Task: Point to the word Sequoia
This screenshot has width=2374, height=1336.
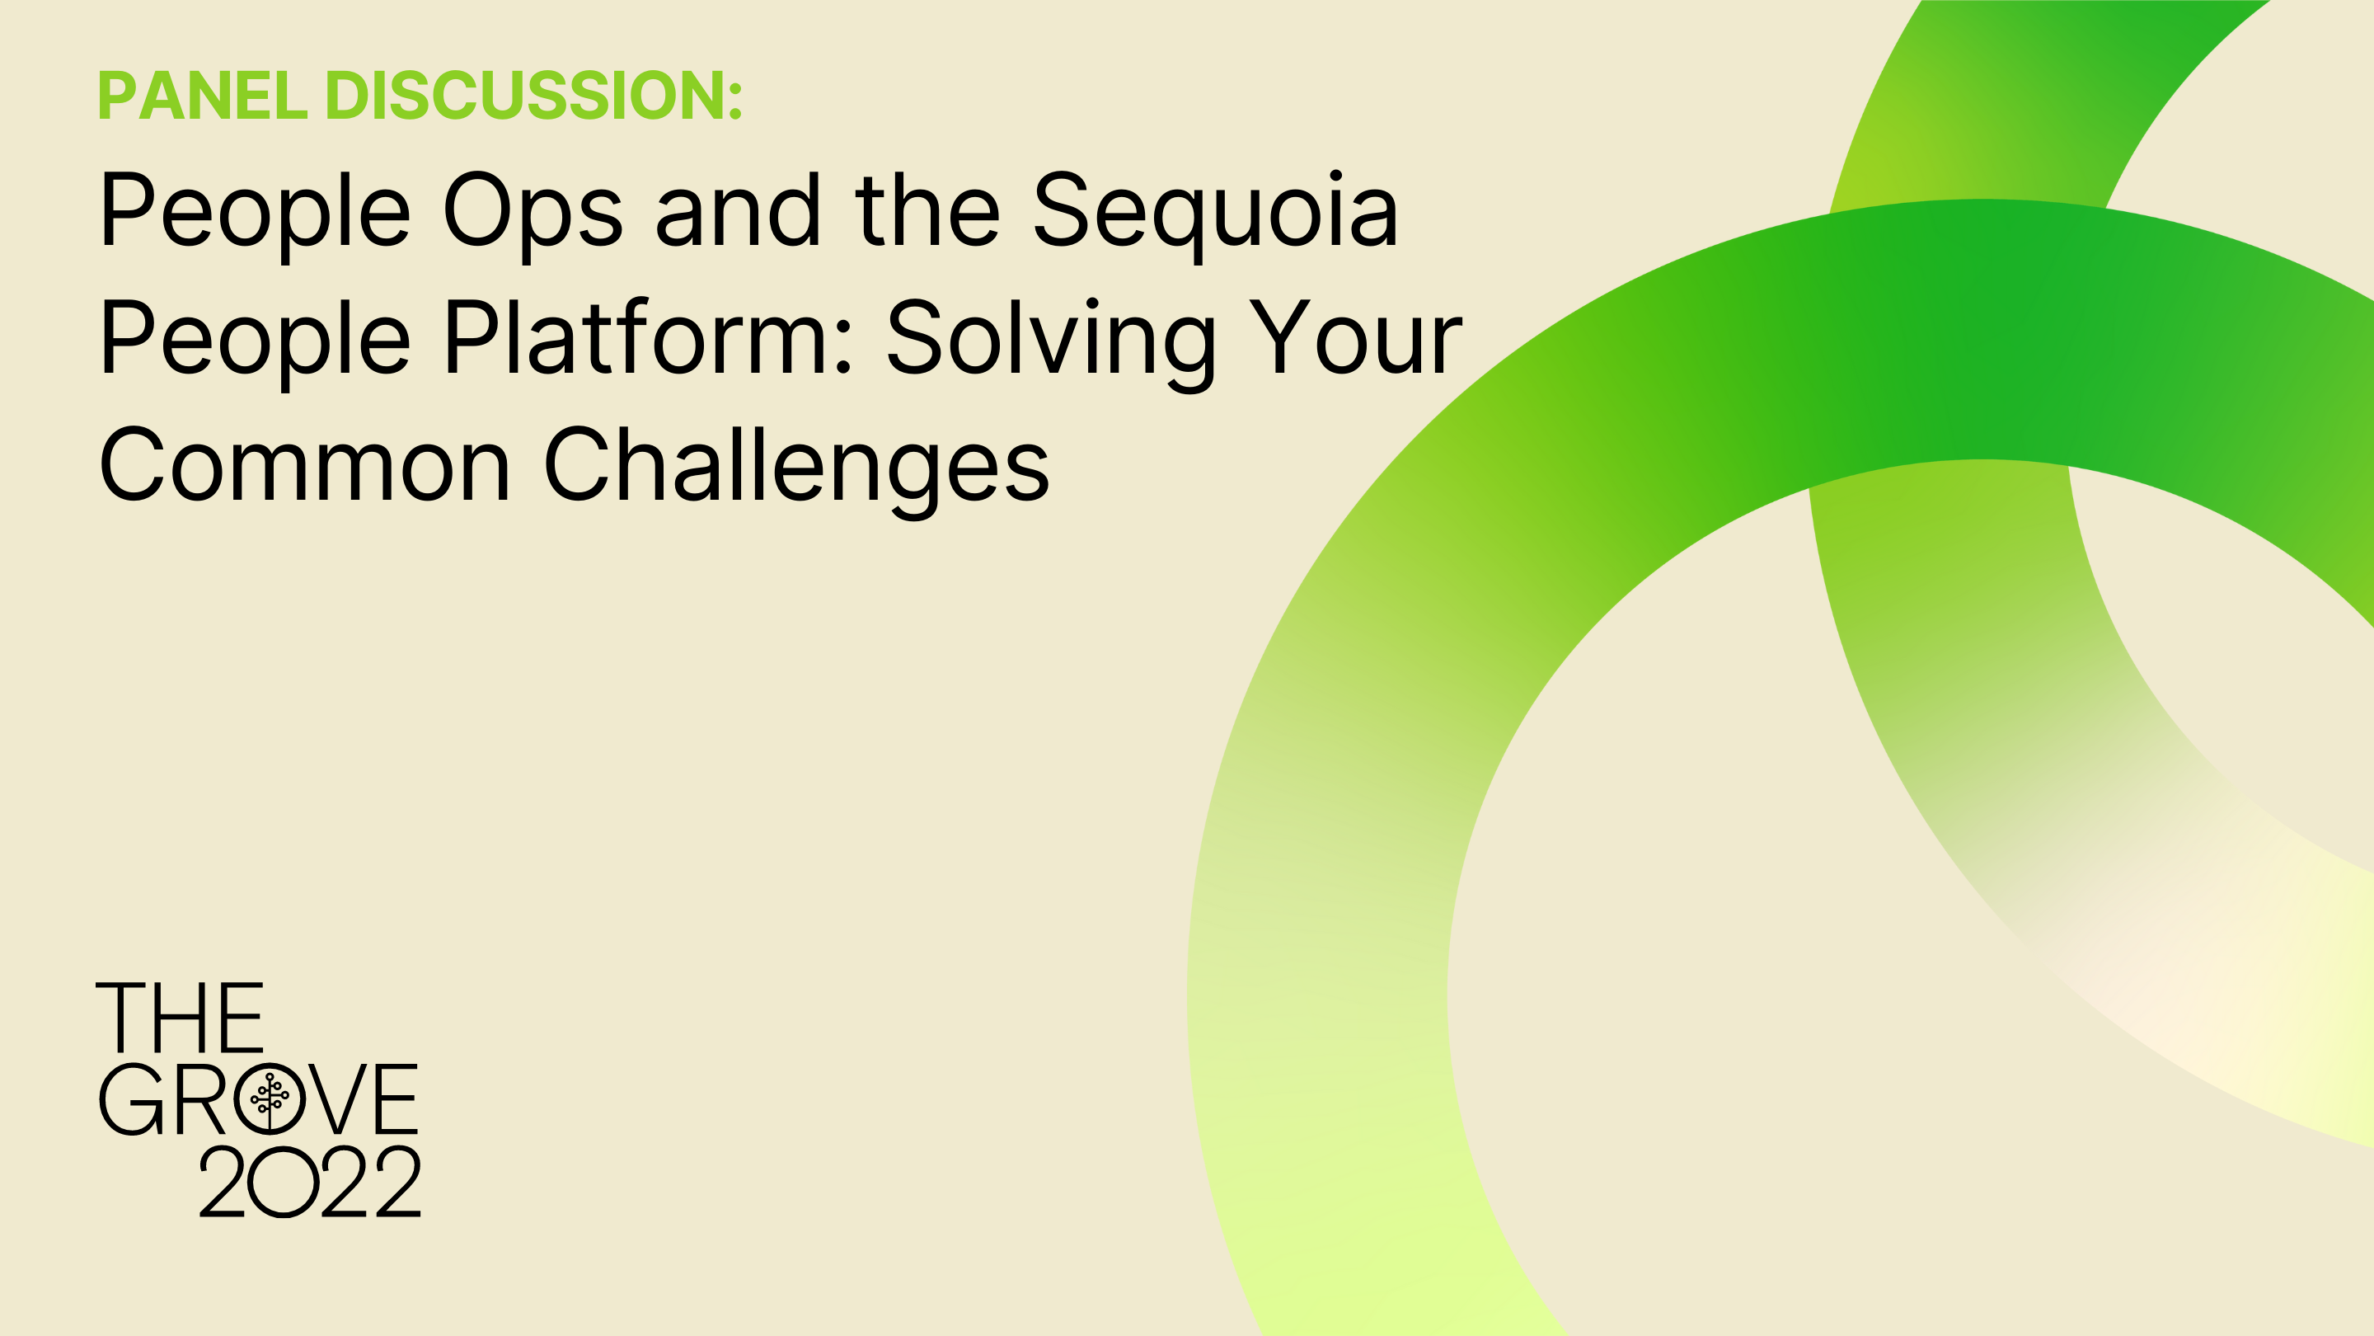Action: click(1216, 213)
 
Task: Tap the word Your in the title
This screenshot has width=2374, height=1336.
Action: click(1354, 338)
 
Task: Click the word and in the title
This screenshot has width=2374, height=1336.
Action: click(739, 211)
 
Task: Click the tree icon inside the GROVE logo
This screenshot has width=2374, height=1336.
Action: click(269, 1099)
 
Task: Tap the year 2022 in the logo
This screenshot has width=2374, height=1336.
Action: click(310, 1182)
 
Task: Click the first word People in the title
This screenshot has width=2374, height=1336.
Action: click(256, 212)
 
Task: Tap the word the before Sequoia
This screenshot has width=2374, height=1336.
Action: click(927, 211)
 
